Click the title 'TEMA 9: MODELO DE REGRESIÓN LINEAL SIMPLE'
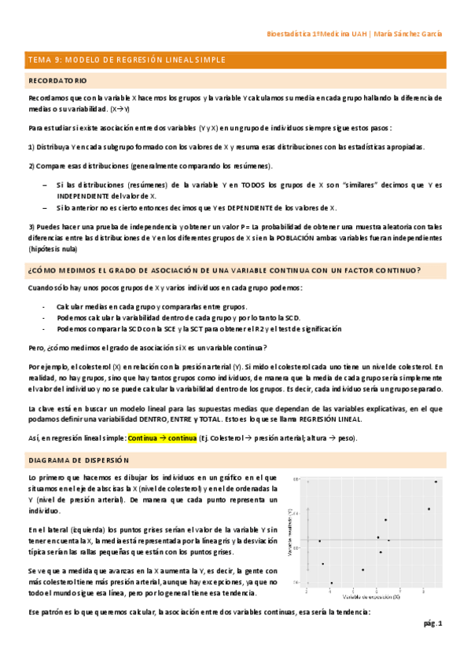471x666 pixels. tap(127, 60)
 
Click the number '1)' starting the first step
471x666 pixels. tap(31, 146)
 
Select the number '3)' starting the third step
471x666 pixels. tap(31, 227)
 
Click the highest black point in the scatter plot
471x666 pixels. tap(436, 481)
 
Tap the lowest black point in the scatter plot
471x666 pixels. tap(331, 583)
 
